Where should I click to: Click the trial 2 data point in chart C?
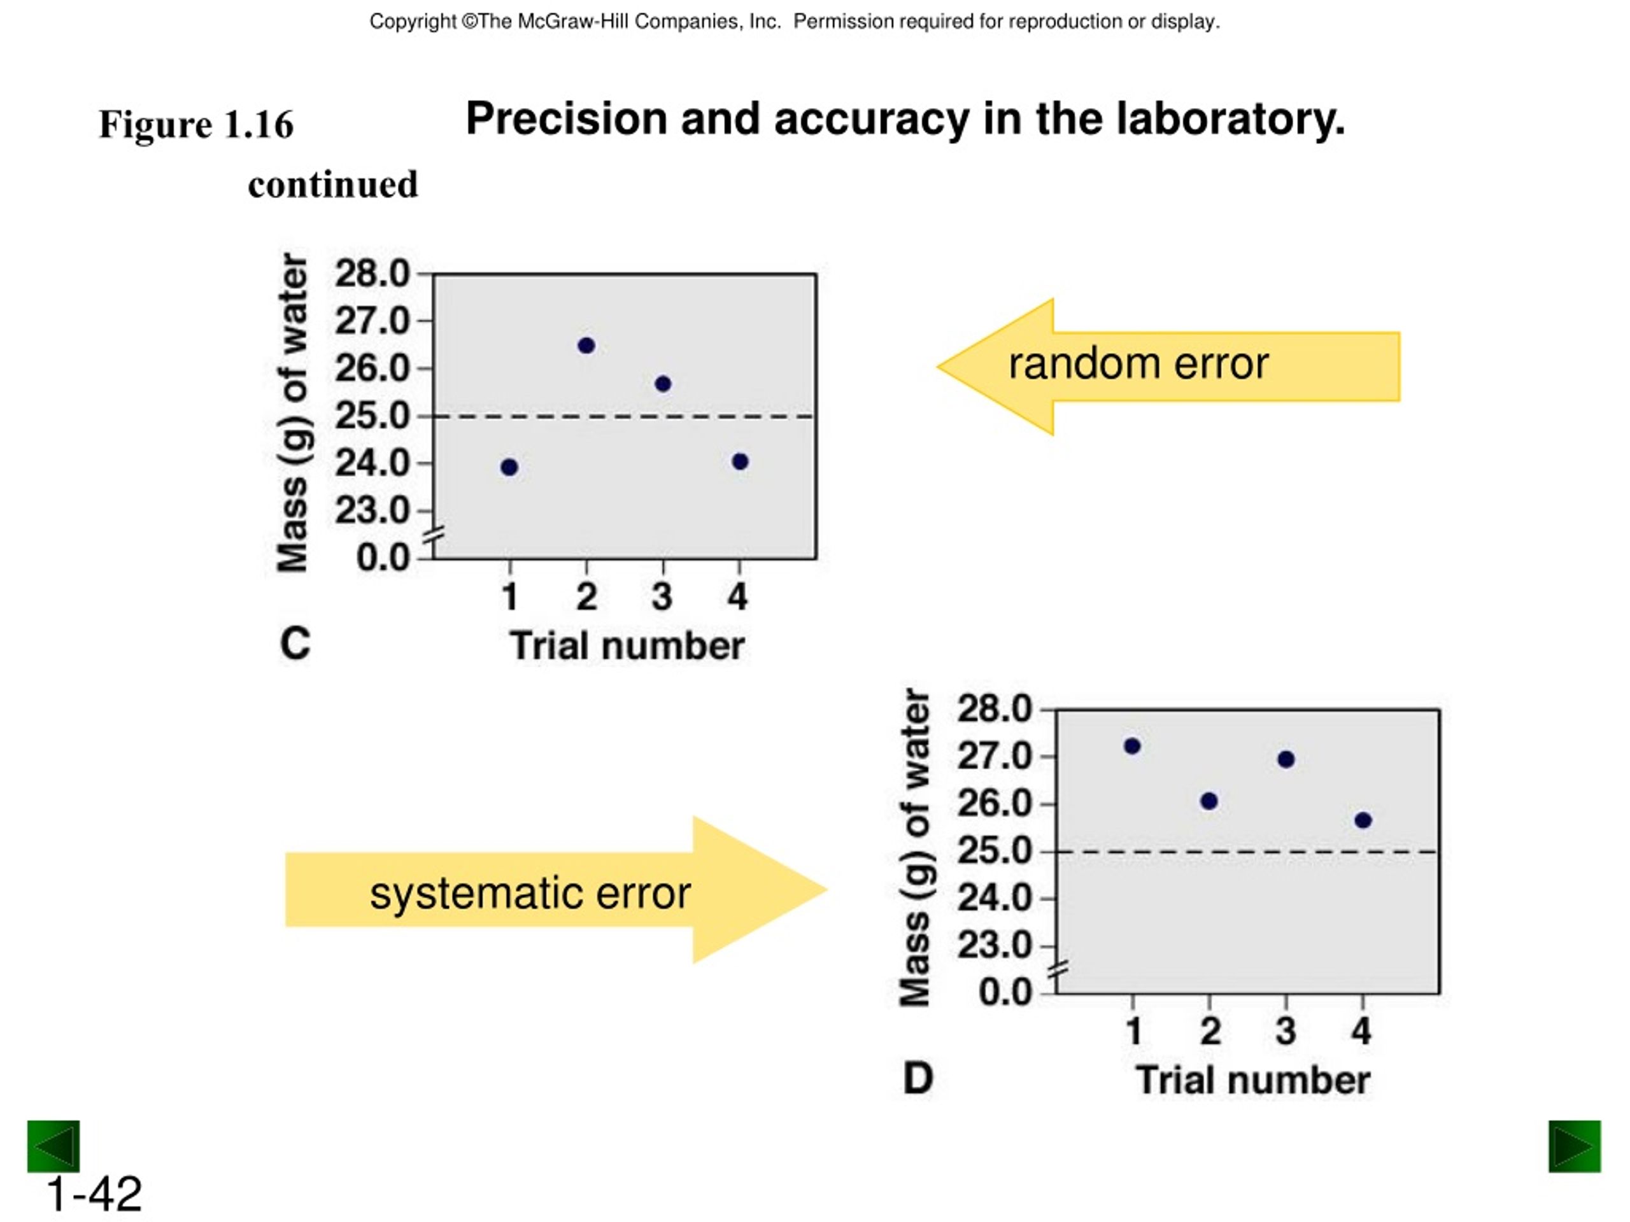[586, 346]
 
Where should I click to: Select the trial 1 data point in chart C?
[509, 467]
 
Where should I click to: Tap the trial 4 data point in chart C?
[740, 462]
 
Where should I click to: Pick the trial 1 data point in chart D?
[1133, 746]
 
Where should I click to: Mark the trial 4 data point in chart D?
[1363, 820]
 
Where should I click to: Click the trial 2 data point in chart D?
[1209, 801]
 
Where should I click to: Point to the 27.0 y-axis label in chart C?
[372, 321]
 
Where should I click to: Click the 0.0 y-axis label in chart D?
[1005, 992]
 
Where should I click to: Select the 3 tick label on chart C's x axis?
[662, 596]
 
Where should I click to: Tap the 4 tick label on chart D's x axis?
[1361, 1030]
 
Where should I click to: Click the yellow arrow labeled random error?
[1169, 367]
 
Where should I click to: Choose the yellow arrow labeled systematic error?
[556, 890]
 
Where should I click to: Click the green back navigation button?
[53, 1146]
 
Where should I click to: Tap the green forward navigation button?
[1575, 1146]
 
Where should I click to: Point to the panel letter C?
[295, 644]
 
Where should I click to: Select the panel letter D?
[918, 1078]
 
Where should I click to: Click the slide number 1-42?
[94, 1194]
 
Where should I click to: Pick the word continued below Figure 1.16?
[333, 184]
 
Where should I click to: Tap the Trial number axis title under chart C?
[627, 646]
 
